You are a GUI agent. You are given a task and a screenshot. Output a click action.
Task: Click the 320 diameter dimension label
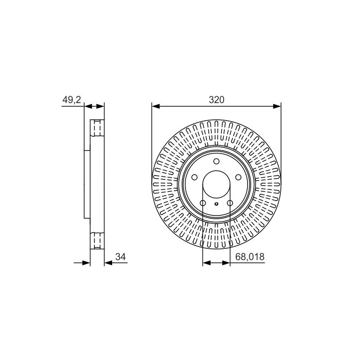pyautogui.click(x=216, y=100)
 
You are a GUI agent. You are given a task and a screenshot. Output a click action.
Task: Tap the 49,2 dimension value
pyautogui.click(x=72, y=100)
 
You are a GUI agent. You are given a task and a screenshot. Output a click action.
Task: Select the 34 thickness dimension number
pyautogui.click(x=121, y=256)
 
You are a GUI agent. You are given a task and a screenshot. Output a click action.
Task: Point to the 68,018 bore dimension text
pyautogui.click(x=250, y=256)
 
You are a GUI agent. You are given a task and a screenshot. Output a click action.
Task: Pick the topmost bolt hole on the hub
pyautogui.click(x=216, y=162)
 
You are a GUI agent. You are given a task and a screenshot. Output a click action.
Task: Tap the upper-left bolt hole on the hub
pyautogui.click(x=194, y=177)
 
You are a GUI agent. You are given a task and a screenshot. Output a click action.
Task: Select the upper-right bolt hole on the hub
pyautogui.click(x=238, y=177)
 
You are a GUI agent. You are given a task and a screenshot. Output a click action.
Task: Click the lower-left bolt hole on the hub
pyautogui.click(x=203, y=203)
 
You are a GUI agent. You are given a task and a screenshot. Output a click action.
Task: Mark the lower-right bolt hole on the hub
pyautogui.click(x=230, y=203)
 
